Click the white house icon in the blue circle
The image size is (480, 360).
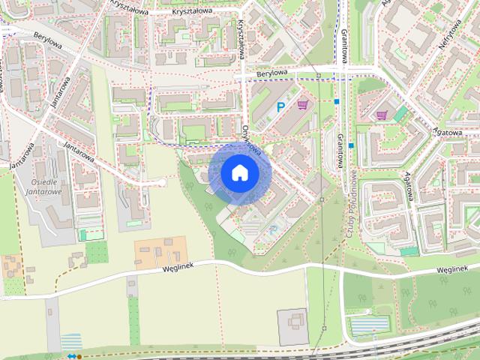pos(239,172)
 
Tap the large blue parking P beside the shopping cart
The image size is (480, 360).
pos(281,107)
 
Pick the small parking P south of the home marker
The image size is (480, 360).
pos(273,229)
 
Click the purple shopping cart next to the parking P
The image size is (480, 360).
pos(303,106)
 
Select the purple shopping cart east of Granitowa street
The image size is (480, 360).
pos(382,115)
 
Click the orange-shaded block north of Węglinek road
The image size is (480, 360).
pos(160,251)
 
